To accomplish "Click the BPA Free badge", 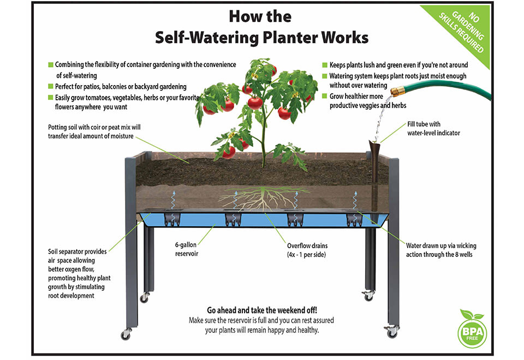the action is click(473, 328).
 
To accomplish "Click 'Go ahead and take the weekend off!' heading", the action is click(261, 308).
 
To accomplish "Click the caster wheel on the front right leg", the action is click(391, 331).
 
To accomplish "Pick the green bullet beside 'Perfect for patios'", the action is click(51, 87).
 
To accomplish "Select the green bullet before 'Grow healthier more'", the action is click(325, 97).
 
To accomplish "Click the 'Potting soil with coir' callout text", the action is click(98, 131).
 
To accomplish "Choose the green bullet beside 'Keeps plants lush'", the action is click(325, 65).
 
